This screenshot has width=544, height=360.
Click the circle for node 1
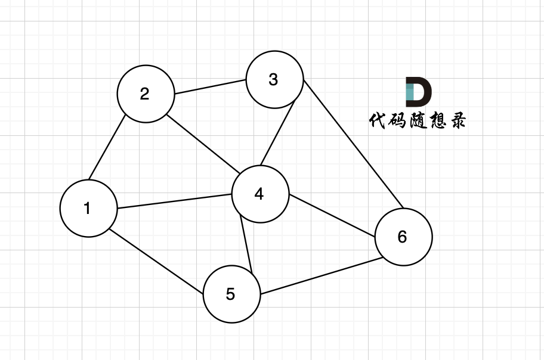click(88, 209)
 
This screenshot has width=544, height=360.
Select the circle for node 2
click(146, 94)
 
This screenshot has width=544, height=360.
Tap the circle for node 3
click(274, 80)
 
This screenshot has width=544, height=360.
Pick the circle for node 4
click(260, 194)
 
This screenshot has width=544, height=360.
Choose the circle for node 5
click(231, 294)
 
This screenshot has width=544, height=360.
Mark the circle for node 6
click(403, 237)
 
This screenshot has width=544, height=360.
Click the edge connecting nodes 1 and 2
click(107, 147)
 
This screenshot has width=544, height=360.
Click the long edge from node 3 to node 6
click(353, 144)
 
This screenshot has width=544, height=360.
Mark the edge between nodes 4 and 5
click(246, 244)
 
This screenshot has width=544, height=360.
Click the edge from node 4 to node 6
click(332, 216)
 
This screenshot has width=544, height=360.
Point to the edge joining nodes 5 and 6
click(320, 275)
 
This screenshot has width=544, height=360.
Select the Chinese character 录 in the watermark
click(455, 121)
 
